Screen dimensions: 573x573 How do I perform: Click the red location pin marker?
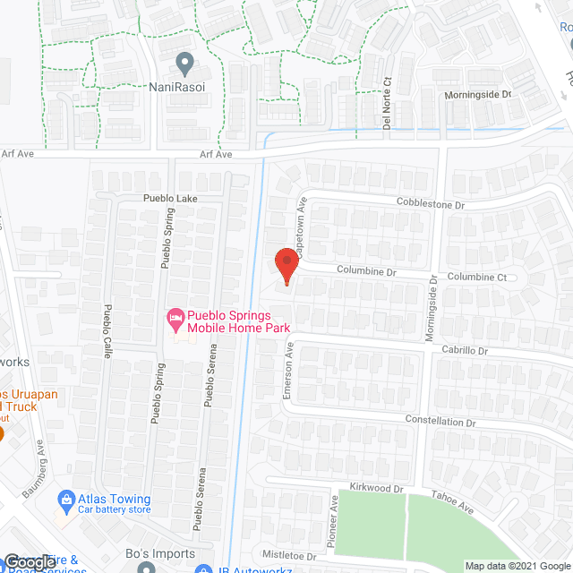pyautogui.click(x=285, y=266)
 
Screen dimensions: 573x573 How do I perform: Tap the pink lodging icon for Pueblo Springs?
pyautogui.click(x=175, y=318)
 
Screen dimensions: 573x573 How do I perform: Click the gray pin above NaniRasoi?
pyautogui.click(x=185, y=64)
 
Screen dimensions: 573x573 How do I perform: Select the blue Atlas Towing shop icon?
pyautogui.click(x=65, y=499)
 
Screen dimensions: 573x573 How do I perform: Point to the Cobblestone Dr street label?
pyautogui.click(x=432, y=204)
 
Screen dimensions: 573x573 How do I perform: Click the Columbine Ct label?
pyautogui.click(x=476, y=278)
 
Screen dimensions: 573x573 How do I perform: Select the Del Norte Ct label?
pyautogui.click(x=388, y=101)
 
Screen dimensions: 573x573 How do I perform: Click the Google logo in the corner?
pyautogui.click(x=30, y=561)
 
